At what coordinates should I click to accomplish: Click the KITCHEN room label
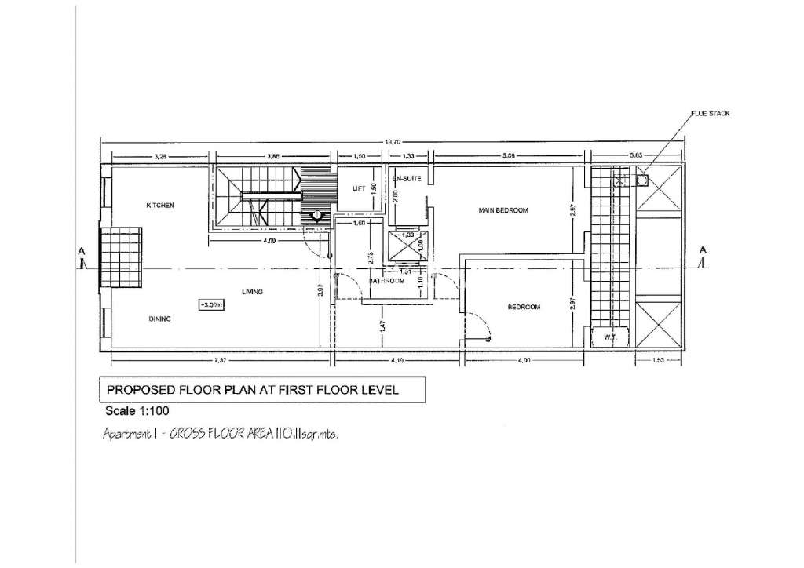tap(159, 205)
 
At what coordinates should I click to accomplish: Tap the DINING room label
tap(160, 319)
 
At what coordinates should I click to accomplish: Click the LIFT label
tap(360, 188)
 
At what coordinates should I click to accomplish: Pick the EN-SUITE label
tap(408, 179)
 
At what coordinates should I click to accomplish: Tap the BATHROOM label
tap(386, 280)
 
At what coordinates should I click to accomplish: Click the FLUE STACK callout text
tap(710, 114)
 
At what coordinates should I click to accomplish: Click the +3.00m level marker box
tap(210, 304)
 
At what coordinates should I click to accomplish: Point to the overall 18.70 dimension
tap(390, 141)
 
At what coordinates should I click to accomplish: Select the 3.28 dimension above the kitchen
tap(160, 157)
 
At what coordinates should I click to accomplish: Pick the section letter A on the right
tap(704, 249)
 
